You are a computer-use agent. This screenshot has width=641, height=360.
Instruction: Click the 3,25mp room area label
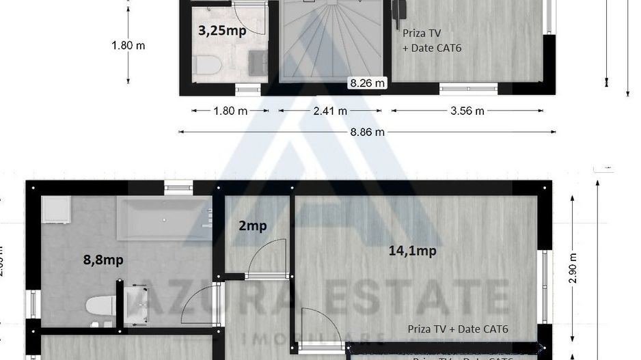222,30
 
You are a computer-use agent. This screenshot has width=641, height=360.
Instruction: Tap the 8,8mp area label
103,260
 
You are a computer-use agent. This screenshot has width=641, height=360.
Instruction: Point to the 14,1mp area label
412,251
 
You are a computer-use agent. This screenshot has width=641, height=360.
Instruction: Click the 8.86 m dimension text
367,132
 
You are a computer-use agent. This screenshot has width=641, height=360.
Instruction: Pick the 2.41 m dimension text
330,111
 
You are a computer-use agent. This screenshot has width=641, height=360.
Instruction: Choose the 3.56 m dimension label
467,111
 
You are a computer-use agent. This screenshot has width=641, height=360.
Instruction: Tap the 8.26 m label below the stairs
368,83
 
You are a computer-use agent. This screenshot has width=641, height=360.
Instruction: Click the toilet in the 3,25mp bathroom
207,65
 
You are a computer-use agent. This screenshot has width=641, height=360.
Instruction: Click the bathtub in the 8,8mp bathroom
164,219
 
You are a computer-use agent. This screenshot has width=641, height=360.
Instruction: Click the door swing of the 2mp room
267,260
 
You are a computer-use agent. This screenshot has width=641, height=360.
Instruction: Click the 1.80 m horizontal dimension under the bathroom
230,111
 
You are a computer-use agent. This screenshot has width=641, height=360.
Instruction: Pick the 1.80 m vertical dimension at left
128,46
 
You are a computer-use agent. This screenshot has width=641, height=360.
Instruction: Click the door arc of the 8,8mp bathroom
198,306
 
